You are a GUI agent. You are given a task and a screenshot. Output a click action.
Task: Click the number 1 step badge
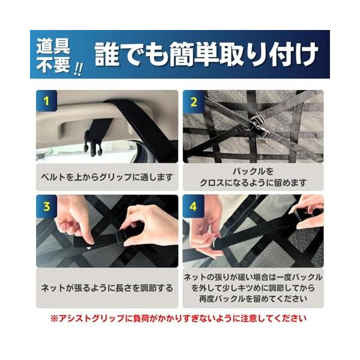click(46, 101)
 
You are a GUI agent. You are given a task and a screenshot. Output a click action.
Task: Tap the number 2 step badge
click(193, 102)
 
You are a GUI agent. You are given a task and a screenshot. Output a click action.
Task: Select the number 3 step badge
click(46, 206)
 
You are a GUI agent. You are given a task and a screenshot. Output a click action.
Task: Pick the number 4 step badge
click(193, 206)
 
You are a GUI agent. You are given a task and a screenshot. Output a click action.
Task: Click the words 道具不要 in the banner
click(53, 56)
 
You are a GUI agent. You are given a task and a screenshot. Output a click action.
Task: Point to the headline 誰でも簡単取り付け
click(206, 55)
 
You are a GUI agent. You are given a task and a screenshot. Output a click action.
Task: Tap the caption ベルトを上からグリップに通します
click(107, 177)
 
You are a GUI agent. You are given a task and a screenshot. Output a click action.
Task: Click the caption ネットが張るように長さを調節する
click(107, 288)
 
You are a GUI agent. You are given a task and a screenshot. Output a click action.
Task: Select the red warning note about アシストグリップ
click(178, 318)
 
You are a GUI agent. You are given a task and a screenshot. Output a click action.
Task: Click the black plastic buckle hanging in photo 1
click(94, 143)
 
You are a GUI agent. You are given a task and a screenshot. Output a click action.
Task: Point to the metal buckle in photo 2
click(260, 125)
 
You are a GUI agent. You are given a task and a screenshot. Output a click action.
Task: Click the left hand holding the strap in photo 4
click(205, 230)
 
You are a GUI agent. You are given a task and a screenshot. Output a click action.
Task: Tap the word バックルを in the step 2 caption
click(253, 171)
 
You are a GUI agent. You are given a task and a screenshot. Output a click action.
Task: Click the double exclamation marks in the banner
click(78, 70)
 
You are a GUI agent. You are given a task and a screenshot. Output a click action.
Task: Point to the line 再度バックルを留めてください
click(253, 299)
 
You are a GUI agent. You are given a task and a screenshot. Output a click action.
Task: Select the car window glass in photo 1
click(87, 152)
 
